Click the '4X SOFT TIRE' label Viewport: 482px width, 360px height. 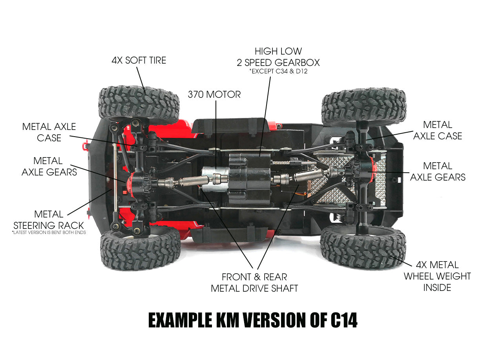(139, 60)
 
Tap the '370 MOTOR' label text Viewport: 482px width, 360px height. (214, 94)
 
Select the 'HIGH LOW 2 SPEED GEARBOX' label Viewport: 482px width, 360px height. (278, 57)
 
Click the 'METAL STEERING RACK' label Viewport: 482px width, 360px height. (49, 220)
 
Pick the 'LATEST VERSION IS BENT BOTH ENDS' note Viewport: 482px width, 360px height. (49, 233)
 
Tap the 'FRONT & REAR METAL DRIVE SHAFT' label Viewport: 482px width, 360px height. (254, 283)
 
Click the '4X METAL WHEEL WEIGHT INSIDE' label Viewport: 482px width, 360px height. (437, 276)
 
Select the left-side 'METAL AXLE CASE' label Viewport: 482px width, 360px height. (49, 132)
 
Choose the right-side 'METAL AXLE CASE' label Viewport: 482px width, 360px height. (438, 130)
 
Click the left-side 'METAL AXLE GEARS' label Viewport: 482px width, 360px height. (49, 166)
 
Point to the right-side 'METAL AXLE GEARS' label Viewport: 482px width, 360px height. (438, 172)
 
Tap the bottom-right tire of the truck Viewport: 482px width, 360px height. (363, 247)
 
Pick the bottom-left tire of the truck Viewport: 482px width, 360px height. (140, 249)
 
